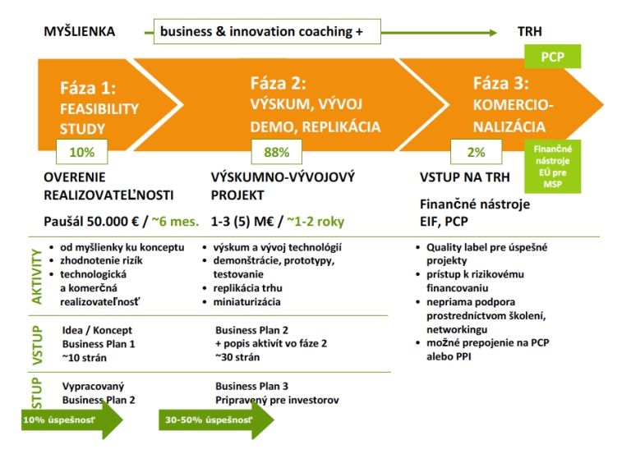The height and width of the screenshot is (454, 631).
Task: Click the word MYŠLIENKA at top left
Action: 79,32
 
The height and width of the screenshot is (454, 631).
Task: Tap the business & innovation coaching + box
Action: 260,32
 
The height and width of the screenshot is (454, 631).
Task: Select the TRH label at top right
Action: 529,32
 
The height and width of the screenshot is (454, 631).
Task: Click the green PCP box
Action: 552,56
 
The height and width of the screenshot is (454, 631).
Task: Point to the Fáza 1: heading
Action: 88,88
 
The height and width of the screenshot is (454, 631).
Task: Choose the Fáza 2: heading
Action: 279,83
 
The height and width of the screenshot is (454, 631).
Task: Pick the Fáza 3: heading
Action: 501,83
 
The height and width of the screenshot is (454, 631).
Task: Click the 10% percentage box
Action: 82,152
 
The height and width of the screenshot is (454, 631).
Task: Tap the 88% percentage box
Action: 277,152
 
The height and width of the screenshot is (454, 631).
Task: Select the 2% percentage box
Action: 476,152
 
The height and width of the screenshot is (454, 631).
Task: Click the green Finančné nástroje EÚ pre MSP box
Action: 552,166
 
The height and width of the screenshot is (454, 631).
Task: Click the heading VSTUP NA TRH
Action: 465,177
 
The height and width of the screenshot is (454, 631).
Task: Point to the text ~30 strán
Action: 239,356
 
